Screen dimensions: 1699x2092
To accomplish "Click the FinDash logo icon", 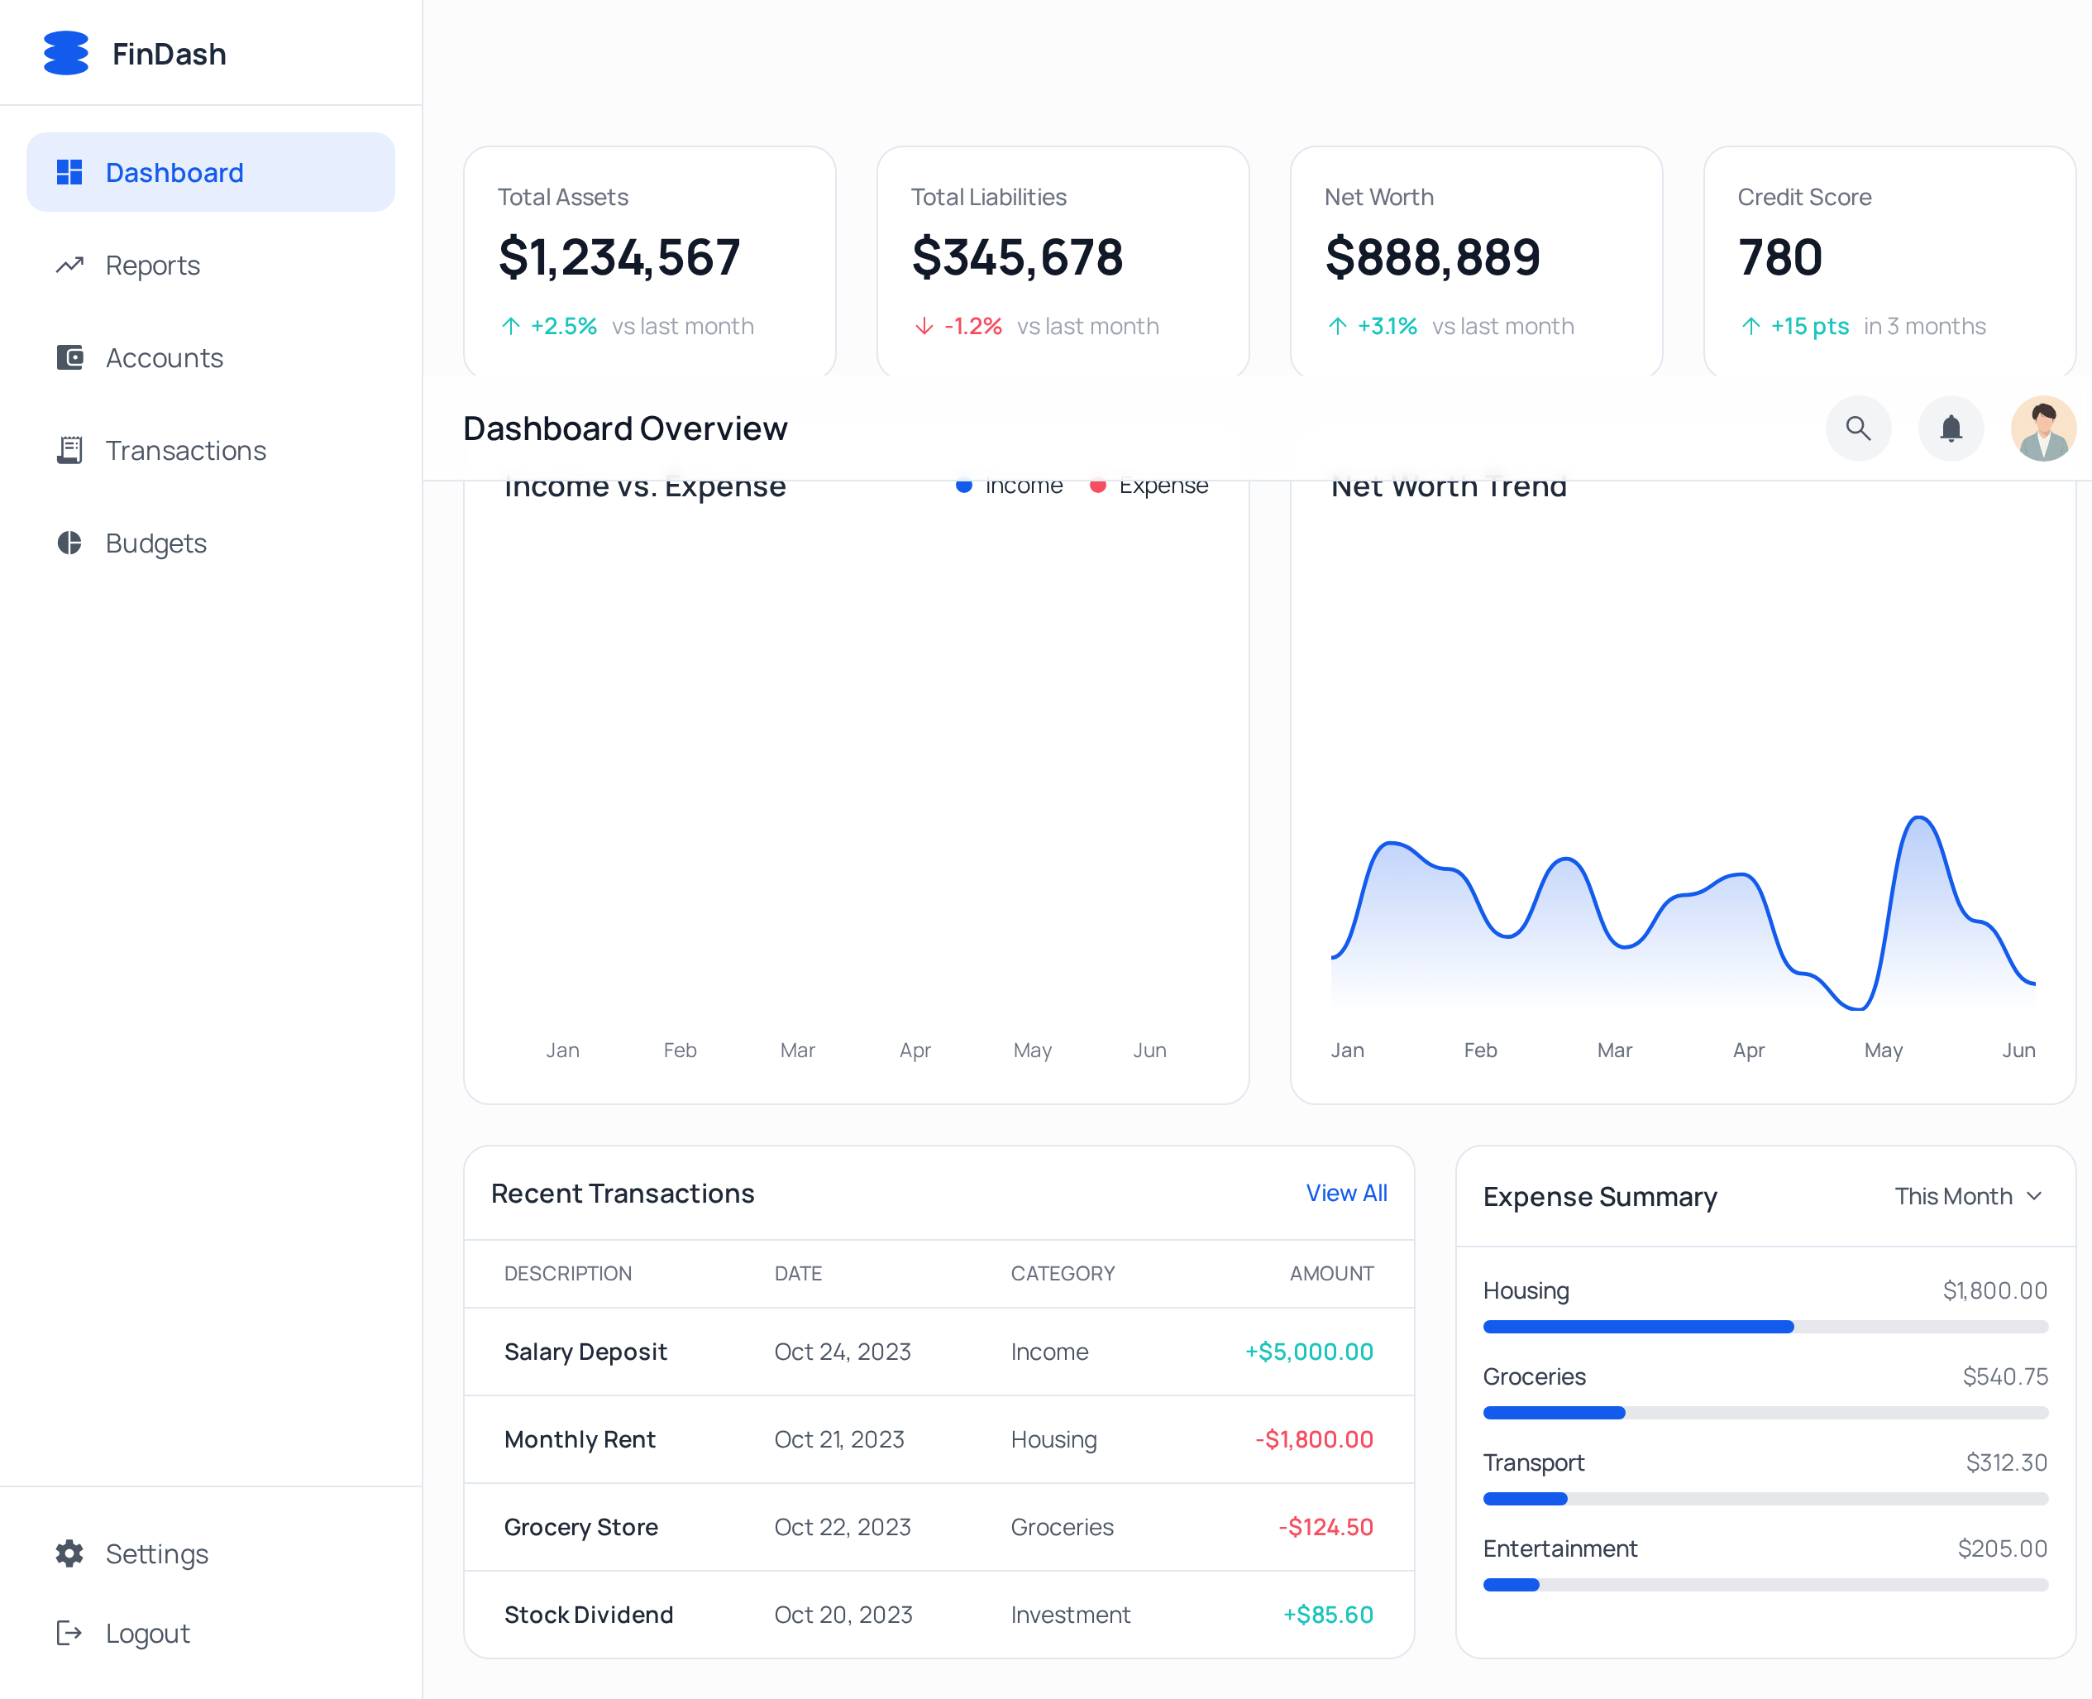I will coord(65,53).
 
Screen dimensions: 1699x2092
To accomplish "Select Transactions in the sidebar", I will coord(185,450).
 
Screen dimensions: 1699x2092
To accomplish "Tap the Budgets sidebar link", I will coord(155,543).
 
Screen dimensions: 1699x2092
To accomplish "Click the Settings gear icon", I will coord(69,1553).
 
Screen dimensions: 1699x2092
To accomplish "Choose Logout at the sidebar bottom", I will coord(147,1633).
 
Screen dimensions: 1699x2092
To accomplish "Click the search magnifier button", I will coord(1857,428).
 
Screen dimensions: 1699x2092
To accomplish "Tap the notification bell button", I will coord(1950,428).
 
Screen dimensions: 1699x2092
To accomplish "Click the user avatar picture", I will coord(2042,428).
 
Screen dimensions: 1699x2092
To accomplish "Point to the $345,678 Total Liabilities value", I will coord(1016,257).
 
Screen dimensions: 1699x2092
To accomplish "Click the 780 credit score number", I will coord(1779,257).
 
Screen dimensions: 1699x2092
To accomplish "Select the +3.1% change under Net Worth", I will coord(1387,326).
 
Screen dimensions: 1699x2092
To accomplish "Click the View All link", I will coord(1345,1193).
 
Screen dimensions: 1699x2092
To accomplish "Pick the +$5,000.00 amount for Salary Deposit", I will coord(1308,1352).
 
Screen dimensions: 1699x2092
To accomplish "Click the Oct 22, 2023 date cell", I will coord(842,1527).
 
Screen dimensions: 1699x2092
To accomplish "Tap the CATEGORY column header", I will coord(1062,1273).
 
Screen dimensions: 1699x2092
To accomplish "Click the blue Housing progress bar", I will coord(1637,1327).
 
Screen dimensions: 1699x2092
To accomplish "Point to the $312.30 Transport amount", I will coord(2006,1462).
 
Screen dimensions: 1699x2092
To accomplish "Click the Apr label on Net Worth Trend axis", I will coord(1747,1051).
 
